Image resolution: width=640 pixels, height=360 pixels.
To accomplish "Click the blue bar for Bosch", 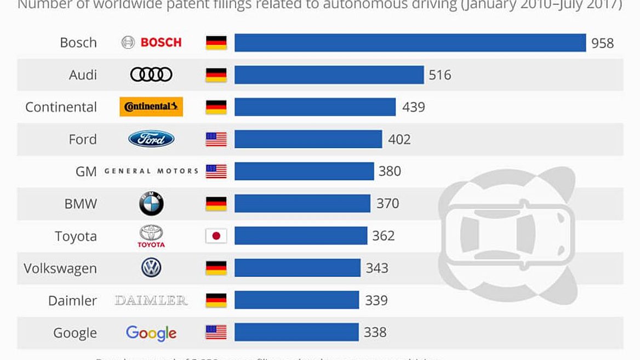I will (x=410, y=43).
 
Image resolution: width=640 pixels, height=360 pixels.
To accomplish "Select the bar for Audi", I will (x=329, y=75).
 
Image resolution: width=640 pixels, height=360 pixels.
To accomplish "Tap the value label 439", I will (x=413, y=107).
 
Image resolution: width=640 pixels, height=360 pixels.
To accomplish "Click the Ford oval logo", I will (x=151, y=139).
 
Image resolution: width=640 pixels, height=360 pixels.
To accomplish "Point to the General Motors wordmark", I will (x=151, y=171).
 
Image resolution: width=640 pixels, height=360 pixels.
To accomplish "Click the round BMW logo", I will (x=151, y=204).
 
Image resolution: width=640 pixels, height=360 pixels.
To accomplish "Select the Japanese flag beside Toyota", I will (x=216, y=236).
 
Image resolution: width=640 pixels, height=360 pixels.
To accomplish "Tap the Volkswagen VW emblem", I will (x=151, y=268).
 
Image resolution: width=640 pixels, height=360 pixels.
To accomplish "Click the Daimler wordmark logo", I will (x=151, y=300).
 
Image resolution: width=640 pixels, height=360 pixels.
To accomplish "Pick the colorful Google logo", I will (x=151, y=333).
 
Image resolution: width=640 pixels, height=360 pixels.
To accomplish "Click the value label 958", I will (x=602, y=43).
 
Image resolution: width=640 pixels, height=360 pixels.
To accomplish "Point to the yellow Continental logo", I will (x=151, y=107).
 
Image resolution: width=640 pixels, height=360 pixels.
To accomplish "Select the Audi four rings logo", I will (x=151, y=75).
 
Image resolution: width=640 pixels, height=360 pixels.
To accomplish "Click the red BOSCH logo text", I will (x=161, y=43).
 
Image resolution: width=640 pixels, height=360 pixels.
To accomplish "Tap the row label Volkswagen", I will (x=60, y=268).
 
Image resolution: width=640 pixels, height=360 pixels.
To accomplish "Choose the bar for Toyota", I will (x=301, y=236).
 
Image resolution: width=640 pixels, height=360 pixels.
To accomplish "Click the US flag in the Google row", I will (x=216, y=332).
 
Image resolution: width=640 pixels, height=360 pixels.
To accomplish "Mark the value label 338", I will (x=375, y=332).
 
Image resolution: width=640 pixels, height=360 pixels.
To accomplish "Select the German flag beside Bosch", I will (x=216, y=43).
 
